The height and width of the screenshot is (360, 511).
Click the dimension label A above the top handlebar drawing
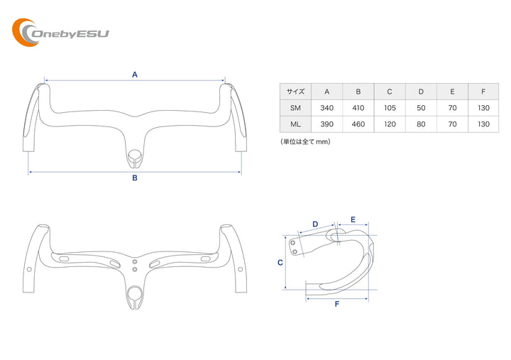134,74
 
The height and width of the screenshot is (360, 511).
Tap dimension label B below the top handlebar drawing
134,178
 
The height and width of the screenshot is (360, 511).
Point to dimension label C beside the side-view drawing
280,262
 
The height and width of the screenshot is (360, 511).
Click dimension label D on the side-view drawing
315,224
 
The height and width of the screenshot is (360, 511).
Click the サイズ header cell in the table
295,92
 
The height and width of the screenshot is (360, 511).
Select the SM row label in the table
295,108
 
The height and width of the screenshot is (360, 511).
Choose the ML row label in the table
295,124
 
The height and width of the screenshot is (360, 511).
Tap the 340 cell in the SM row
326,108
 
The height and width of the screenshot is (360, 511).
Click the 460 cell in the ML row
358,124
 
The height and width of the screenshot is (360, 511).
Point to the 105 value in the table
390,108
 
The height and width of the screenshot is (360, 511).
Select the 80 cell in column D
421,124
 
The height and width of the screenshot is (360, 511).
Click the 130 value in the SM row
483,108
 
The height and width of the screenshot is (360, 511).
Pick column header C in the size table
390,92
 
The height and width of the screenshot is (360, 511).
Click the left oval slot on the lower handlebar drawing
64,261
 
